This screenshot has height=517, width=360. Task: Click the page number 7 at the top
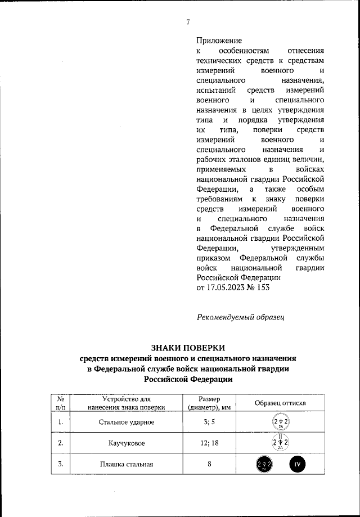pyautogui.click(x=188, y=22)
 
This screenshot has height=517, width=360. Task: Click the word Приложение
pyautogui.click(x=219, y=41)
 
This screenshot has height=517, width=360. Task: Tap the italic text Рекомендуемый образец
pyautogui.click(x=241, y=317)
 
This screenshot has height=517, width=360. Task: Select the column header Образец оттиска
pyautogui.click(x=280, y=403)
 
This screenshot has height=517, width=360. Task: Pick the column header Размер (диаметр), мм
pyautogui.click(x=208, y=403)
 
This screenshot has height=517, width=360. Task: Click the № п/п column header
pyautogui.click(x=60, y=403)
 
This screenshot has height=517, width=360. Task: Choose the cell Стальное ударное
pyautogui.click(x=127, y=422)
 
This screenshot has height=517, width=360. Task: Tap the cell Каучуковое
pyautogui.click(x=127, y=443)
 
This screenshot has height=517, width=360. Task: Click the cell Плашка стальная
pyautogui.click(x=127, y=465)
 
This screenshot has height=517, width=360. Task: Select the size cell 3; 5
pyautogui.click(x=208, y=422)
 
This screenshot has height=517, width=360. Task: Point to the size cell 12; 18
pyautogui.click(x=208, y=443)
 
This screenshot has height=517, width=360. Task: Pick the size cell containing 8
pyautogui.click(x=208, y=465)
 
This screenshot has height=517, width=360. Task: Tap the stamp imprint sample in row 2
pyautogui.click(x=280, y=443)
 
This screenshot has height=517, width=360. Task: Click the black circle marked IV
pyautogui.click(x=298, y=465)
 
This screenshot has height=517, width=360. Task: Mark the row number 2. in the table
pyautogui.click(x=60, y=443)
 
